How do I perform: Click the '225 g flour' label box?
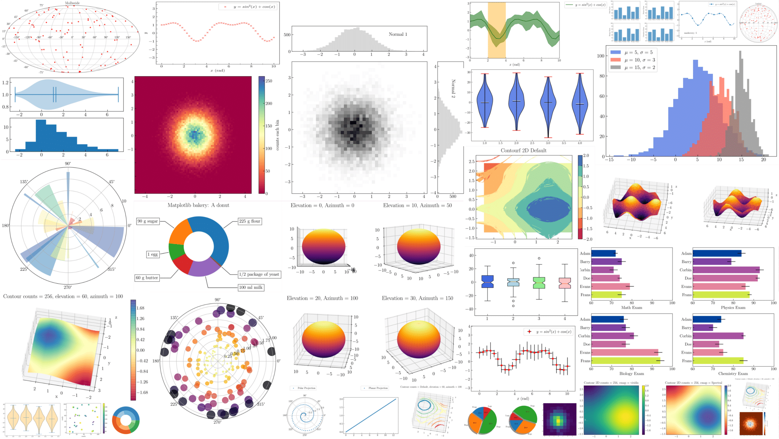[x=250, y=221]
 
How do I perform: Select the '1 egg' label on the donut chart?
[x=153, y=254]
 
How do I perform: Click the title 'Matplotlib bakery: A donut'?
[x=198, y=205]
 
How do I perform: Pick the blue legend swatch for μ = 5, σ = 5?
[x=615, y=53]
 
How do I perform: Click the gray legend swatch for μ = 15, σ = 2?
[x=615, y=67]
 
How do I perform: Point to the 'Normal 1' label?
[x=397, y=34]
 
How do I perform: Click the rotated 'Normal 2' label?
[x=453, y=88]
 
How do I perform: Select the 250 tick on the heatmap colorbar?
[x=269, y=81]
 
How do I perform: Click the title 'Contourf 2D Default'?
[x=523, y=150]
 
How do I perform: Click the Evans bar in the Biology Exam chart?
[x=624, y=353]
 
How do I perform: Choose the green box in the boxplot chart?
[x=539, y=283]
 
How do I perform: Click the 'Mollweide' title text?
[x=72, y=3]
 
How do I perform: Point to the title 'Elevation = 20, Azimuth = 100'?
[x=322, y=298]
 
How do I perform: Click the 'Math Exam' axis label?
[x=631, y=308]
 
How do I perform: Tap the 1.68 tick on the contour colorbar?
[x=140, y=308]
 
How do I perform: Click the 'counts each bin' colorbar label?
[x=277, y=135]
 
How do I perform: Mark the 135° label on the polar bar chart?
[x=24, y=182]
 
